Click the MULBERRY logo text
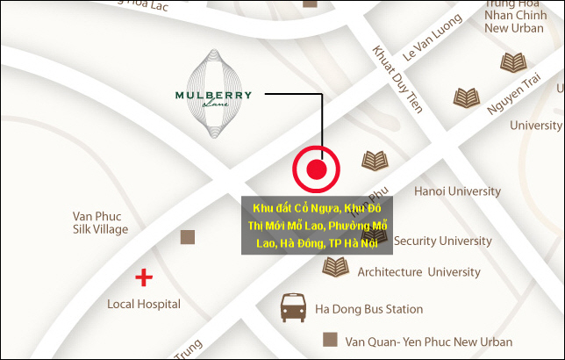[x=213, y=95]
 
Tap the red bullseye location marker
[x=317, y=169]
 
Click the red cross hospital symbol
[x=143, y=279]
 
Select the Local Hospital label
[x=144, y=304]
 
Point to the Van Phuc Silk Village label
[x=100, y=222]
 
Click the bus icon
[x=293, y=307]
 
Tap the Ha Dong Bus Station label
[x=368, y=309]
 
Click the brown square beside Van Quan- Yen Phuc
[x=331, y=339]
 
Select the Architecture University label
[x=418, y=272]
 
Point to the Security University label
[x=442, y=241]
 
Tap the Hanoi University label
[x=457, y=191]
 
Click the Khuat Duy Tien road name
[x=398, y=79]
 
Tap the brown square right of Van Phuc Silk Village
[x=187, y=236]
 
